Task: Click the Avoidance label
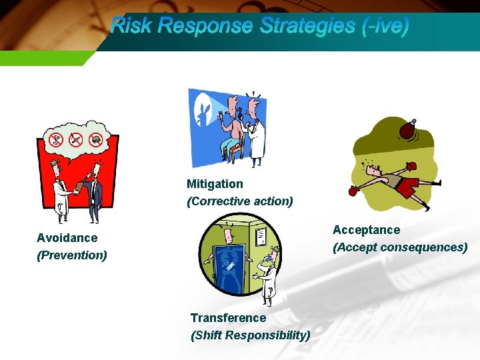pyautogui.click(x=67, y=238)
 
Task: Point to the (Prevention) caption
pyautogui.click(x=72, y=255)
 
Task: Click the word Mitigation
pyautogui.click(x=215, y=184)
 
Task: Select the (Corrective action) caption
pyautogui.click(x=240, y=201)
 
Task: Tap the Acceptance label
pyautogui.click(x=366, y=230)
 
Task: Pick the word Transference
pyautogui.click(x=228, y=318)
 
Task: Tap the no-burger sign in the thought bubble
pyautogui.click(x=96, y=139)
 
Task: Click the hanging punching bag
pyautogui.click(x=406, y=129)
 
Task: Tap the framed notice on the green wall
pyautogui.click(x=260, y=235)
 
